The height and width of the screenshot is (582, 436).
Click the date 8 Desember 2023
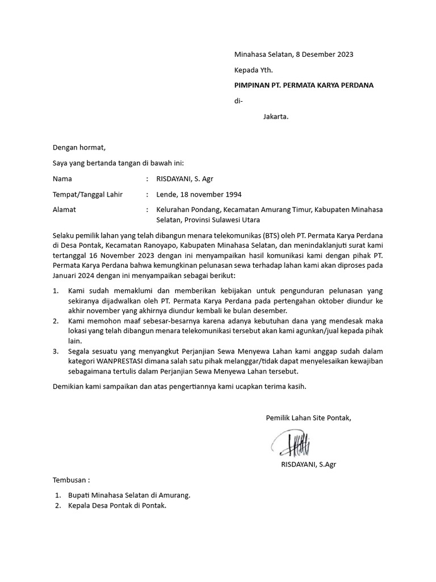pyautogui.click(x=324, y=55)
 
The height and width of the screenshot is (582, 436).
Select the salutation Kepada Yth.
pyautogui.click(x=254, y=70)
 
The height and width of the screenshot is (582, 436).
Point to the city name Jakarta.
pyautogui.click(x=276, y=118)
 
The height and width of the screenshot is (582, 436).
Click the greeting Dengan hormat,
pyautogui.click(x=79, y=148)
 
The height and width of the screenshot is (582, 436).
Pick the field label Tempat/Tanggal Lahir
pyautogui.click(x=87, y=194)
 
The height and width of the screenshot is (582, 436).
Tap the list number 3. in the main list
pyautogui.click(x=56, y=351)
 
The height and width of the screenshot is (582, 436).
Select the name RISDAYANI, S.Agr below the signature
pyautogui.click(x=308, y=464)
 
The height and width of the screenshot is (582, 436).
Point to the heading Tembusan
pyautogui.click(x=71, y=479)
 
